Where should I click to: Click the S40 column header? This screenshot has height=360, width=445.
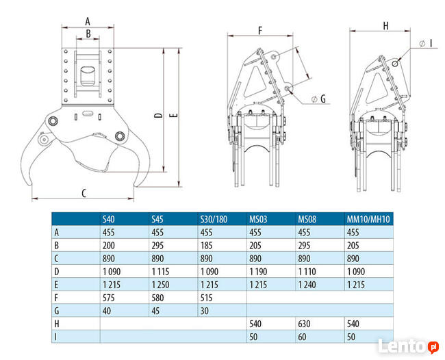click(109, 219)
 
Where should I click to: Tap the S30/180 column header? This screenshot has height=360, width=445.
click(213, 219)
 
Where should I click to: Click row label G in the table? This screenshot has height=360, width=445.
click(57, 310)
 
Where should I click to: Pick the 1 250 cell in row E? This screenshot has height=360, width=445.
click(160, 284)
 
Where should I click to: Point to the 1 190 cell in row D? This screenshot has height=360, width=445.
click(257, 271)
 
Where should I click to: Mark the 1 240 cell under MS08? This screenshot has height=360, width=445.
click(307, 284)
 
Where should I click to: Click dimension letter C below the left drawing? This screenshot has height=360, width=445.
click(84, 194)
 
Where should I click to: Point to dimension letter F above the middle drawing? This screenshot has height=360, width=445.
click(261, 30)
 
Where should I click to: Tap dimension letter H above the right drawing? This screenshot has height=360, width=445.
click(385, 26)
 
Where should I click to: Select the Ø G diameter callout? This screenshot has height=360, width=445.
click(318, 100)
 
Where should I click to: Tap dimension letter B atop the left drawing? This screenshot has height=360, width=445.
click(88, 33)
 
